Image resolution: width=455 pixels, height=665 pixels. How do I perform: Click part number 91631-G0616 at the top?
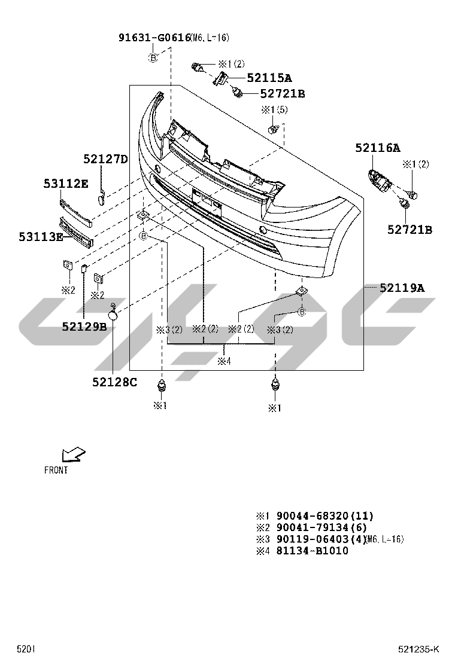[154, 38]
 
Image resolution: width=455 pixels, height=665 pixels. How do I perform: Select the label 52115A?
[269, 78]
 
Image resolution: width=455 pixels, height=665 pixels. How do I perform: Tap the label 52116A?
[378, 148]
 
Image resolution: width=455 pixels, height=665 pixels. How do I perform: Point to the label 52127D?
[105, 159]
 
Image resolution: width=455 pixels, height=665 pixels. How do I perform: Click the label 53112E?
[66, 184]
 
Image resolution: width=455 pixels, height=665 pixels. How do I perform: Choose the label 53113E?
[41, 237]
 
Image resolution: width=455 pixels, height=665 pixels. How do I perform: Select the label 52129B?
[84, 327]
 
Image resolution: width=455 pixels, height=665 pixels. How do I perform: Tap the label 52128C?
[114, 382]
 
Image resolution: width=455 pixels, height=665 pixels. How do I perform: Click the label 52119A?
[402, 288]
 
